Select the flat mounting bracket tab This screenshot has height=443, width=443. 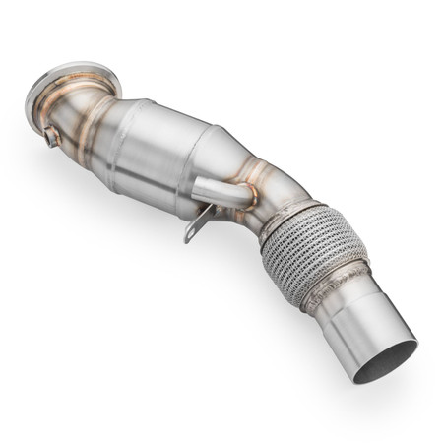pos(195,221)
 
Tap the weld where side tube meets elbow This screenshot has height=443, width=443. pos(247,195)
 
